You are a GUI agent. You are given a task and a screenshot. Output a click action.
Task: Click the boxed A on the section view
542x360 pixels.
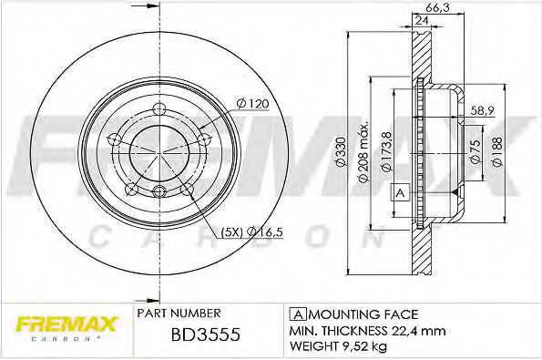tap(398, 192)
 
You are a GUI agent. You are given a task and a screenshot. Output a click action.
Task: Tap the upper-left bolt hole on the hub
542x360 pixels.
tap(116, 138)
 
